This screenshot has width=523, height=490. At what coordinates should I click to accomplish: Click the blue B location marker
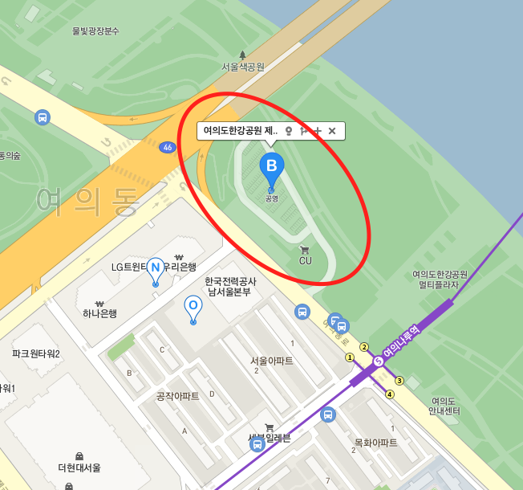tap(271, 166)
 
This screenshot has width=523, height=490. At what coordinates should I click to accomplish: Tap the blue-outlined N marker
tap(156, 269)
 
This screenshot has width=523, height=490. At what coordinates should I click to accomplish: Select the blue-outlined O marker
tap(193, 306)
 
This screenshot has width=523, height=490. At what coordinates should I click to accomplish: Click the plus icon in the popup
tap(318, 130)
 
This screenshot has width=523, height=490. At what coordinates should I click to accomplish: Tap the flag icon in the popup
tap(302, 130)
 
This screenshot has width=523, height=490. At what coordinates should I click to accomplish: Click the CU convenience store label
tap(305, 260)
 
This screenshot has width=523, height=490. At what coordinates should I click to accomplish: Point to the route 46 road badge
tap(167, 147)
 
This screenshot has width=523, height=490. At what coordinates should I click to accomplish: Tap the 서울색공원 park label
tap(242, 67)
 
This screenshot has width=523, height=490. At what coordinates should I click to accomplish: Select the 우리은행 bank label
tap(181, 267)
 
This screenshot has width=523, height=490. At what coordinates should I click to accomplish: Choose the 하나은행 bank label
tap(99, 313)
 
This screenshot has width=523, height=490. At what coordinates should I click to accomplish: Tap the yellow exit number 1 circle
tap(350, 357)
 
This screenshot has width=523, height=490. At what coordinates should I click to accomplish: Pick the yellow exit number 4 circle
tap(390, 394)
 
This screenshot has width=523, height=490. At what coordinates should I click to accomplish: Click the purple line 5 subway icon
tap(379, 361)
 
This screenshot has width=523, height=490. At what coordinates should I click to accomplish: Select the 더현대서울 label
tap(79, 467)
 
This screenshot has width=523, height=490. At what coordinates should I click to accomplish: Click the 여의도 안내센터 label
tap(443, 406)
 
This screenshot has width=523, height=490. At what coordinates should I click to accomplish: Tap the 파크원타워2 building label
tap(36, 353)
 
